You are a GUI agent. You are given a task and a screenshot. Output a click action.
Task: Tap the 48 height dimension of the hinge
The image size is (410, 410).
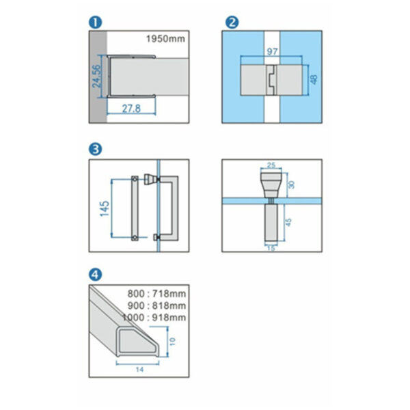[x=314, y=79]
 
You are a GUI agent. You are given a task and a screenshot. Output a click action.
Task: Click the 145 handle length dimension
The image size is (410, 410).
[x=105, y=208]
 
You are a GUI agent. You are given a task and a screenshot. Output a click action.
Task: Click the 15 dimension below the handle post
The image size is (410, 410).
[x=271, y=248]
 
